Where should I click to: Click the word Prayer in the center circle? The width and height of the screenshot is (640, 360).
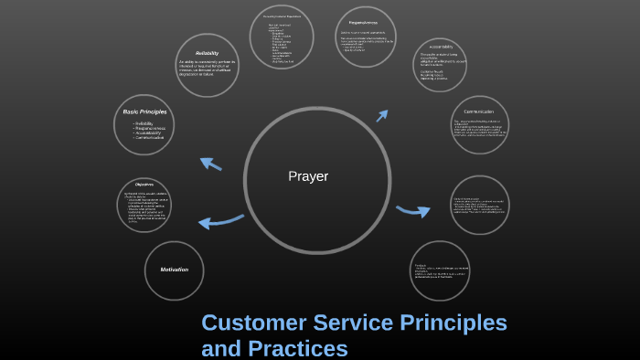307,176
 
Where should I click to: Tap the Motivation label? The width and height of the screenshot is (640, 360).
174,270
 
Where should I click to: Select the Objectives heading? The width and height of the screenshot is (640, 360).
144,184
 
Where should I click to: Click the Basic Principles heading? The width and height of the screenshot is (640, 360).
144,111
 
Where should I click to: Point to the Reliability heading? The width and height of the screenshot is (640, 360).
207,51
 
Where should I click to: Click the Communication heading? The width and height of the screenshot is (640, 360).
479,111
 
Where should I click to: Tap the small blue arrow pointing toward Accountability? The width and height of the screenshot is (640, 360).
382,116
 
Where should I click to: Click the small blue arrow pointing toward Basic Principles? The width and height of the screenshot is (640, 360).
210,164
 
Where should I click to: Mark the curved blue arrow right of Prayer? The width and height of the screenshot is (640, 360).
412,211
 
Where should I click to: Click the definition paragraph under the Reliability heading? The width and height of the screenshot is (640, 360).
207,69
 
